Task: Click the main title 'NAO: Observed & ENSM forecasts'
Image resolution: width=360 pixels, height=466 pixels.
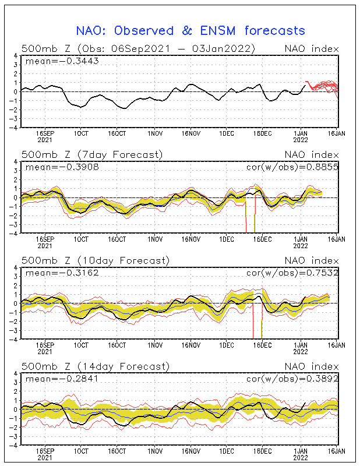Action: [x=190, y=31]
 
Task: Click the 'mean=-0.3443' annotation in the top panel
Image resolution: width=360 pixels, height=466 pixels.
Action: [x=62, y=61]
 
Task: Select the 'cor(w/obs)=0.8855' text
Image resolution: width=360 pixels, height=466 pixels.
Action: [x=292, y=167]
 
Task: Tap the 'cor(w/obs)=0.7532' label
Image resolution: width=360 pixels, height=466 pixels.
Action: [x=292, y=273]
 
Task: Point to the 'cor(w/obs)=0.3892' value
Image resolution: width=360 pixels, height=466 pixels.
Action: [x=292, y=379]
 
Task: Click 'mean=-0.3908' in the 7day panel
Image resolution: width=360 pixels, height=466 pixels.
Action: [x=62, y=167]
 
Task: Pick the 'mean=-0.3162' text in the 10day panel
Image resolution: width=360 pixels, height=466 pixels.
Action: [x=62, y=273]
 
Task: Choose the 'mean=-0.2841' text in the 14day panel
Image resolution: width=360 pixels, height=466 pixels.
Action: [x=62, y=379]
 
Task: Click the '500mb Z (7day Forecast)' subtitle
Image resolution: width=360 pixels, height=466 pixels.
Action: [x=92, y=155]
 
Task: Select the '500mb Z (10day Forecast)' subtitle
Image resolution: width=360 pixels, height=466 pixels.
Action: [x=96, y=260]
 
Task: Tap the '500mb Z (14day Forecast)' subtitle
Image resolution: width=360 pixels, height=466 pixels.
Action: [x=96, y=366]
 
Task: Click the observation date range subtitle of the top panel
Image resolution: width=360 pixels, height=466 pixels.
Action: [x=138, y=49]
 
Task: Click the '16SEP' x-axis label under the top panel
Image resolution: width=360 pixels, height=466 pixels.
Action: [x=45, y=133]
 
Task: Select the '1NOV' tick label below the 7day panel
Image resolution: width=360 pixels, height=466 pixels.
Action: [x=155, y=239]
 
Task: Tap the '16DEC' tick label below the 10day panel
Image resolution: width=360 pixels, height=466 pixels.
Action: [x=263, y=345]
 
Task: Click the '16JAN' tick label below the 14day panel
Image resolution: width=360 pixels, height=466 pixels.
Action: [x=337, y=451]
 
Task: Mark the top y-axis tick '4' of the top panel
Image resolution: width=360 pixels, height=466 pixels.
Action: [x=16, y=55]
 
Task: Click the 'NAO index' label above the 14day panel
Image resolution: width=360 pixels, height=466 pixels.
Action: [x=312, y=366]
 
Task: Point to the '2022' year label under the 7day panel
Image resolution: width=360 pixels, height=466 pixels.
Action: [x=301, y=246]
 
